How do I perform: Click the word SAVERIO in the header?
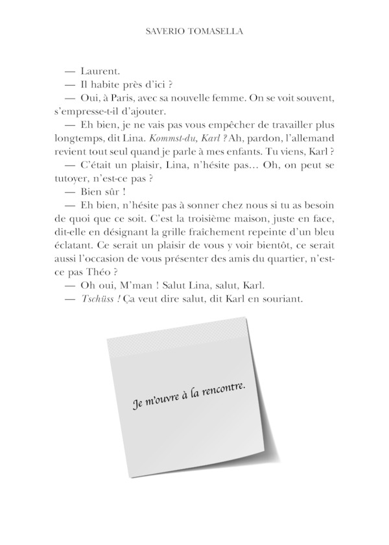click(x=166, y=31)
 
